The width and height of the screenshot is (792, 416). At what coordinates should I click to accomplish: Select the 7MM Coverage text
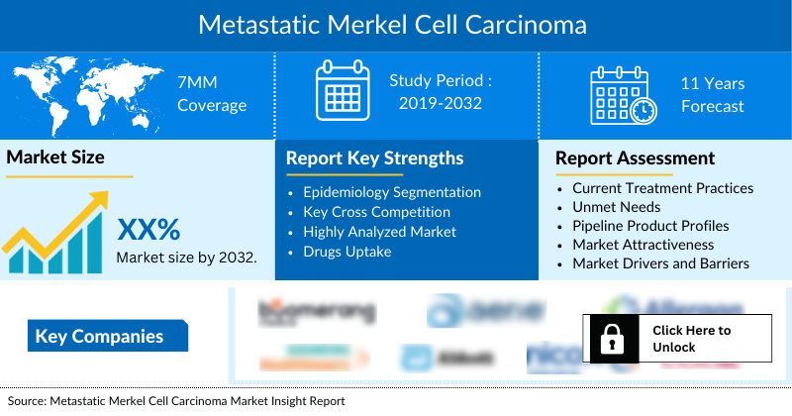(x=211, y=94)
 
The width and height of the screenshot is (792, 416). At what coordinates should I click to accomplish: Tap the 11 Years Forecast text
(x=712, y=94)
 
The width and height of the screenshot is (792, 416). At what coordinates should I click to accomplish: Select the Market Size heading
(x=55, y=156)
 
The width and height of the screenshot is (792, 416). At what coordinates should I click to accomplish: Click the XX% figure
(x=148, y=230)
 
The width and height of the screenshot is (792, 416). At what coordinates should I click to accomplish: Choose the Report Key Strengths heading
(x=374, y=157)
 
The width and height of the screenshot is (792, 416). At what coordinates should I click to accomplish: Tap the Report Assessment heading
(x=635, y=157)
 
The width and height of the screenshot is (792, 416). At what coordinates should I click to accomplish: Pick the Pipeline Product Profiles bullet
(x=650, y=226)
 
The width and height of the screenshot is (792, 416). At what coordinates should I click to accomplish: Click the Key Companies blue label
(x=99, y=337)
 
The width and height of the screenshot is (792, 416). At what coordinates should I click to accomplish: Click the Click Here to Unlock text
(x=692, y=339)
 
